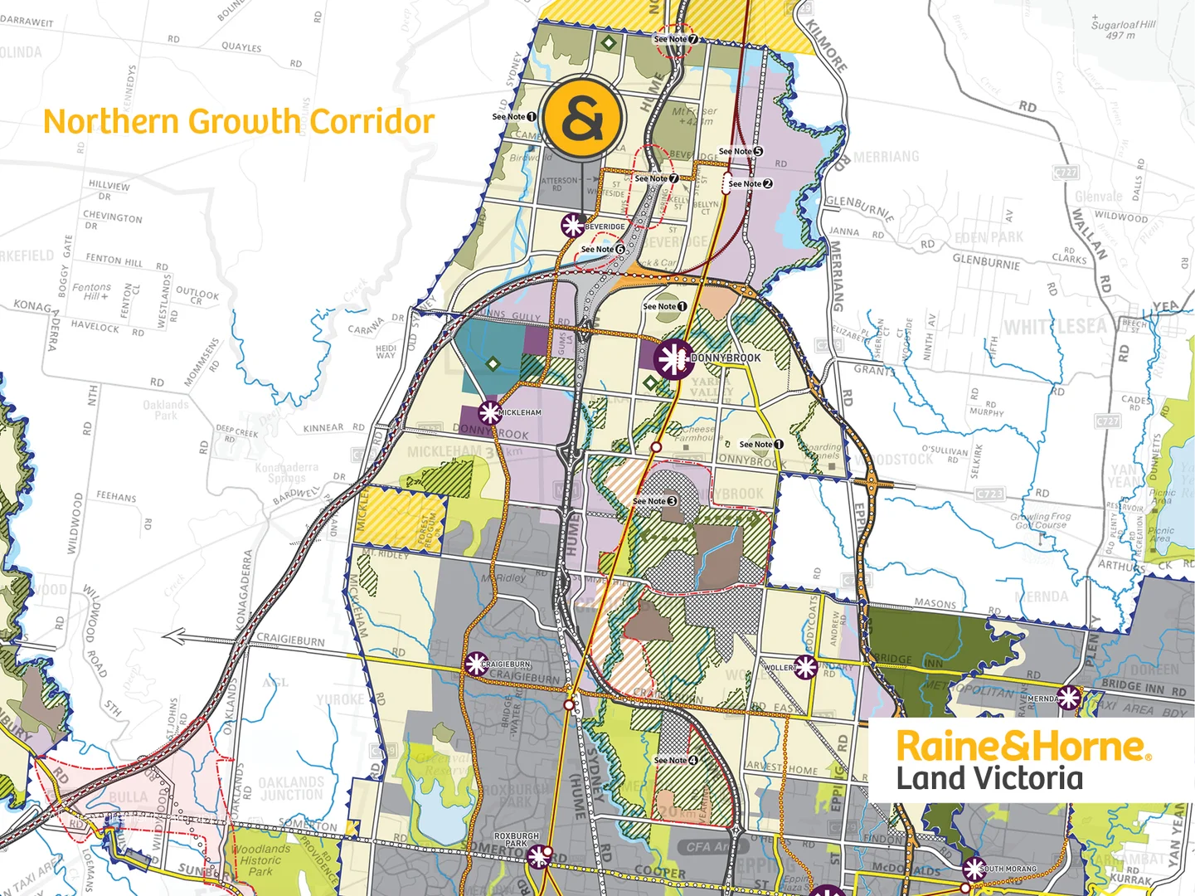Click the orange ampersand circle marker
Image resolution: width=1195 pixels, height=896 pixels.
583,118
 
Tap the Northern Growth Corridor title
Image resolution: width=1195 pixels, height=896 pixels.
239,121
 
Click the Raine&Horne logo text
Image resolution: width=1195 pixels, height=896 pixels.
1022,746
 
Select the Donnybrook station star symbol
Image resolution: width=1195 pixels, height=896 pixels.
673,358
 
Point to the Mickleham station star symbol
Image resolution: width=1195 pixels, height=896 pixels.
489,412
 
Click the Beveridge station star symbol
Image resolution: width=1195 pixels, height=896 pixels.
572,225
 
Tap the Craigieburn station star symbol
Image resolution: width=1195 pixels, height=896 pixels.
476,664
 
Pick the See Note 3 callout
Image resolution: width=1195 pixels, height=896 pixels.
655,501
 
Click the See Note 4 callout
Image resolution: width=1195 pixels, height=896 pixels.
676,760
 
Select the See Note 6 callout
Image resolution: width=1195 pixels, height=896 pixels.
603,249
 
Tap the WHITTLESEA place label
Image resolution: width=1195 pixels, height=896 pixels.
1055,327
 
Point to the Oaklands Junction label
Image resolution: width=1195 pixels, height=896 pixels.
291,788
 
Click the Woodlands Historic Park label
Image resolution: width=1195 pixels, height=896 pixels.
261,860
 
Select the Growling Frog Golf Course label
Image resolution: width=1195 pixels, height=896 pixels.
1041,520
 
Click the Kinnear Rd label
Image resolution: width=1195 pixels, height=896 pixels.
333,428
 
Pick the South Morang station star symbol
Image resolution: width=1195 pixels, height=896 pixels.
973,869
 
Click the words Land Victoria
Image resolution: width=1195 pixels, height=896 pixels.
989,779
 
